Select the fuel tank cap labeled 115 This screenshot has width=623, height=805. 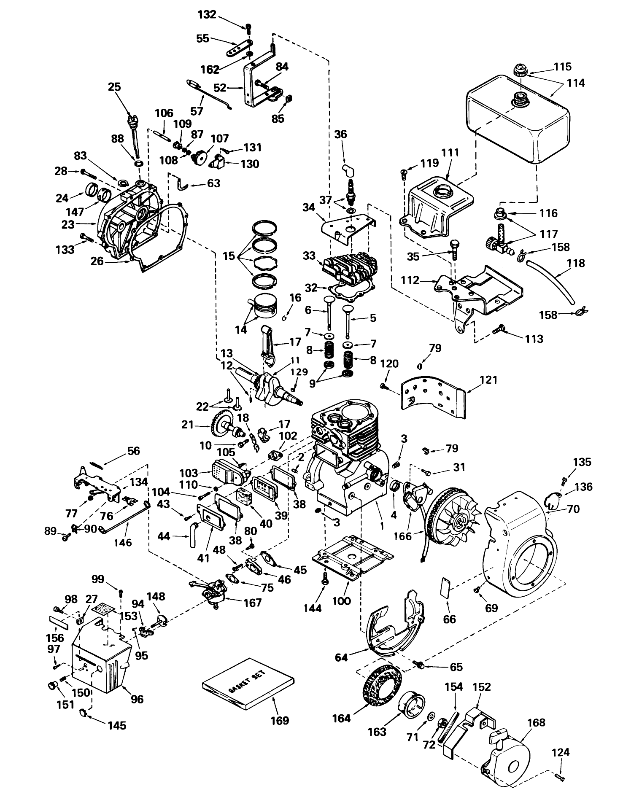(521, 70)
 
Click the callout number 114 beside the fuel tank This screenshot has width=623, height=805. (575, 83)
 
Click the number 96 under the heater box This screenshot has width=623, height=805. (137, 699)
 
